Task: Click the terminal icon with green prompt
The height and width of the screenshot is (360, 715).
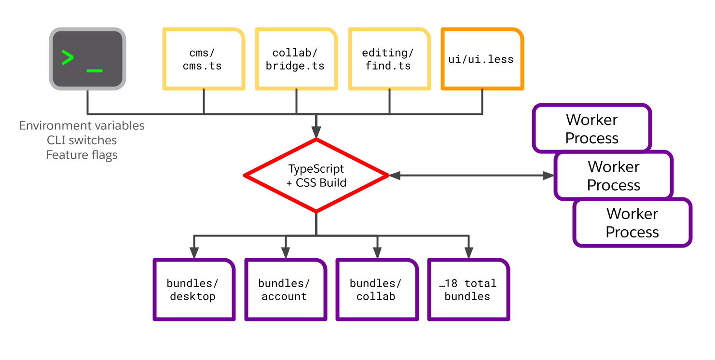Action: [x=87, y=58]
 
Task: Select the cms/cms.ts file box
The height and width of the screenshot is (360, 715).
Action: [x=203, y=59]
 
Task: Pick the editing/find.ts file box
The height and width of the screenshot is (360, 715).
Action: [x=388, y=59]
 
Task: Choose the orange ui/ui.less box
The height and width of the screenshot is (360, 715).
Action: [x=482, y=59]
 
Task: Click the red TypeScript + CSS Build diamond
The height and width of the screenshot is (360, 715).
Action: [x=316, y=176]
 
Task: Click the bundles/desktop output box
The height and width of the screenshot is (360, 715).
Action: [x=193, y=290]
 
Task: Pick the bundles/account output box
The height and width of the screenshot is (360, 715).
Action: [x=284, y=290]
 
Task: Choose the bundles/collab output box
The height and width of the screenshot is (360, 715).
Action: [x=376, y=290]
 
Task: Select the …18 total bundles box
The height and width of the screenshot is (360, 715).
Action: [x=467, y=290]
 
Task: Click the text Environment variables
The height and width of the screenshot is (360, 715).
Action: [x=82, y=126]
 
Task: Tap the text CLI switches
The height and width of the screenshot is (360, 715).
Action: [x=82, y=140]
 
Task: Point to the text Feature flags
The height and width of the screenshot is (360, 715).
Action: [x=82, y=155]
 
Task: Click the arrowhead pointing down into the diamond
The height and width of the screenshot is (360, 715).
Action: [x=316, y=132]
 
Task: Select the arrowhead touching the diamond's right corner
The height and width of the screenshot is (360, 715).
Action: [x=395, y=176]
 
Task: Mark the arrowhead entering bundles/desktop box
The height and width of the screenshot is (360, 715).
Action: [x=194, y=253]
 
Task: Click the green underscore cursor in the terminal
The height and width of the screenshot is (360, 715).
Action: [x=95, y=71]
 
